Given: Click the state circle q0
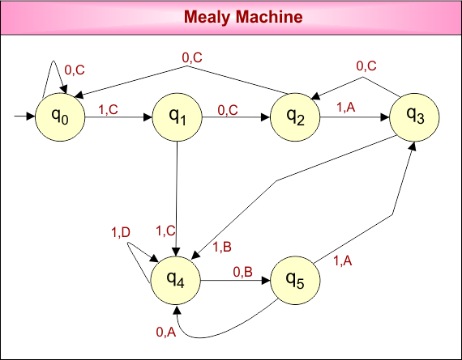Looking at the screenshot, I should tap(61, 118).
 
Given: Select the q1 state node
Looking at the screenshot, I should tap(178, 118).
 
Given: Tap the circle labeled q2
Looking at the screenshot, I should tap(295, 118).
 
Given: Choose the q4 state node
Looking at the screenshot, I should tap(175, 281).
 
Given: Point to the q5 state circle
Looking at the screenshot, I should tap(294, 281).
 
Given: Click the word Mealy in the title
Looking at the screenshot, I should tap(207, 16).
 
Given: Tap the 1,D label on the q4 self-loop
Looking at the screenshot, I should tap(121, 233).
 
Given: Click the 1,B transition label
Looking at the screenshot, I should tap(222, 248).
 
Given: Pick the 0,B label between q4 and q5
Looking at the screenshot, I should tap(243, 272).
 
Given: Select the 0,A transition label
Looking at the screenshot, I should tap(165, 331).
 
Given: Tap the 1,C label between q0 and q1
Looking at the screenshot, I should tap(109, 108).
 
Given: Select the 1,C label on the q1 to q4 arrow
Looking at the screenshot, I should tap(165, 230).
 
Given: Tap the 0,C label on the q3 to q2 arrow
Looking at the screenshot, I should tap(366, 65).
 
